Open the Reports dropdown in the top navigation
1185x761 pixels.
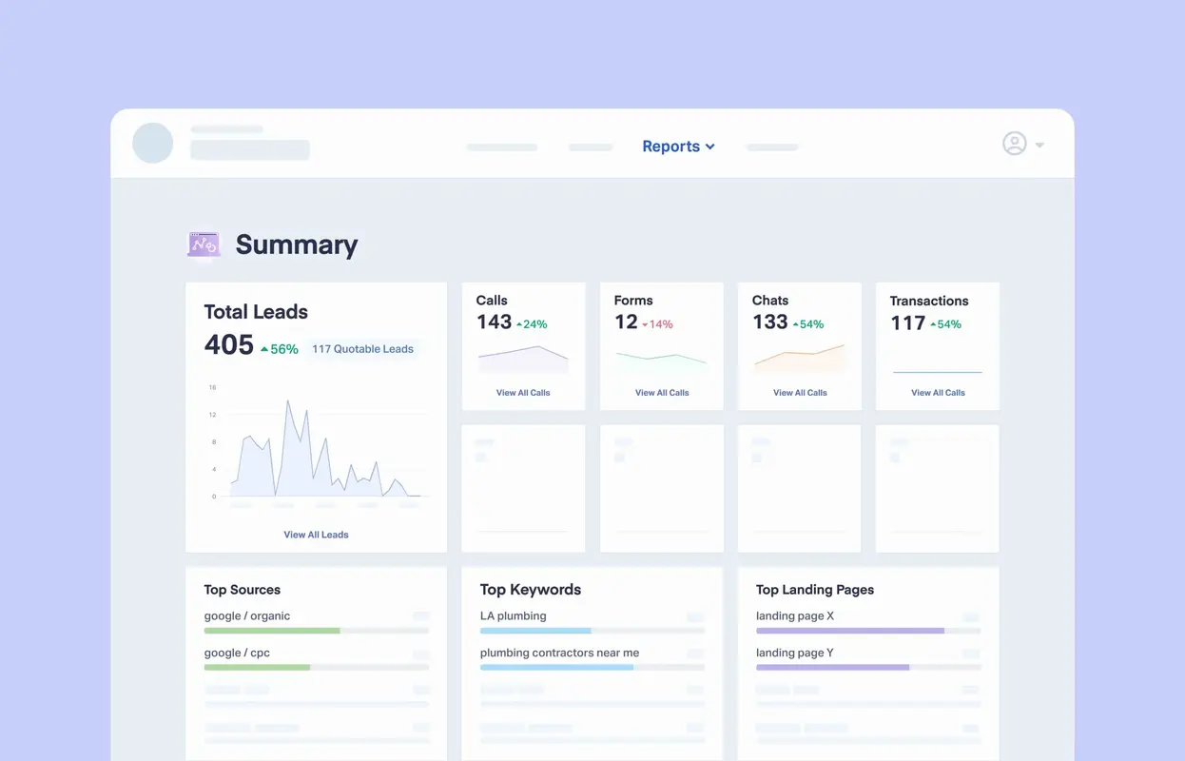(x=677, y=146)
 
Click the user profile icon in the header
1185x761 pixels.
(x=1015, y=144)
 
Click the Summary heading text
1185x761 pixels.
(x=296, y=244)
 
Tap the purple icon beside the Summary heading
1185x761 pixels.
(x=204, y=244)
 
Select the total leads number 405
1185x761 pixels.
(x=229, y=345)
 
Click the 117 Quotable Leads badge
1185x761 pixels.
(x=362, y=349)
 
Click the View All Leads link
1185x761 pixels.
(x=316, y=535)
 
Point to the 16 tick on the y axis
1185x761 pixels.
(x=212, y=388)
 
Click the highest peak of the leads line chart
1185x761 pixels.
(x=288, y=402)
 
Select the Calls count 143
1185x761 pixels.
(x=494, y=322)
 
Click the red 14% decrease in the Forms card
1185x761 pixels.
(x=657, y=324)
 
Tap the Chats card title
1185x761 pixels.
(x=769, y=301)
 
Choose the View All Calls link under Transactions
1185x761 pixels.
(x=938, y=393)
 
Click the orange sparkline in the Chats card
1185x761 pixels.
(x=799, y=359)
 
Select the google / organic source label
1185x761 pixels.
(x=246, y=616)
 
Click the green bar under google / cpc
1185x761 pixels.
(x=257, y=667)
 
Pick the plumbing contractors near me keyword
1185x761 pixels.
(x=559, y=654)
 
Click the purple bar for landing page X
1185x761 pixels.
(x=849, y=631)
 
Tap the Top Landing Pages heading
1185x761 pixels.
(x=814, y=590)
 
